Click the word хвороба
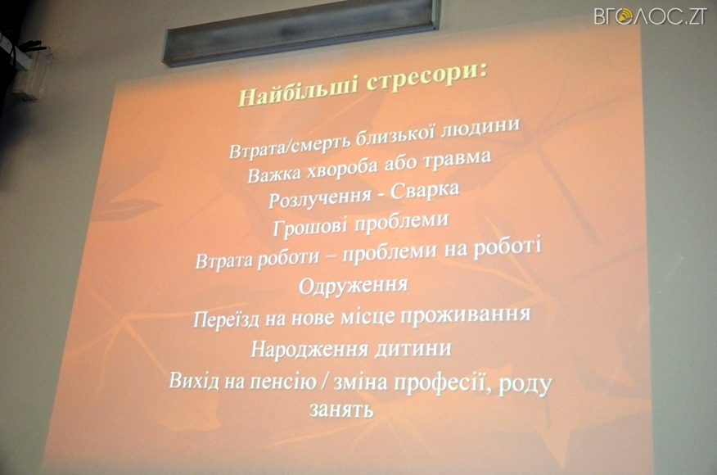tap(342, 170)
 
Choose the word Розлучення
tap(318, 197)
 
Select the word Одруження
tap(354, 286)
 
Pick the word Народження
tap(309, 350)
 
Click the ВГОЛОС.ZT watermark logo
tap(650, 16)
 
